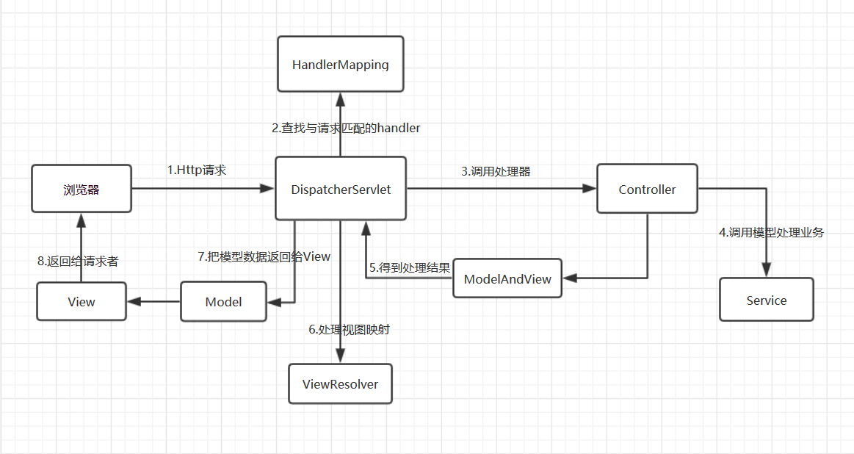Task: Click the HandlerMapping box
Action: pyautogui.click(x=341, y=64)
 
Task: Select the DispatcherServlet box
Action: pyautogui.click(x=341, y=189)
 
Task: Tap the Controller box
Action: pyautogui.click(x=647, y=189)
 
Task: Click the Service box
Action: pyautogui.click(x=767, y=300)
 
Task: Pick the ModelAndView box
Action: pyautogui.click(x=507, y=278)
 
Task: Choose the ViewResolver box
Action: pyautogui.click(x=341, y=383)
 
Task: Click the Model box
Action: pyautogui.click(x=223, y=301)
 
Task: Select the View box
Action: pyautogui.click(x=82, y=301)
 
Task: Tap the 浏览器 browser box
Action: pyautogui.click(x=82, y=189)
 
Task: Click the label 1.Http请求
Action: pyautogui.click(x=197, y=170)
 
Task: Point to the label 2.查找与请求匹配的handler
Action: pyautogui.click(x=346, y=128)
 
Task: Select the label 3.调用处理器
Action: pyautogui.click(x=496, y=171)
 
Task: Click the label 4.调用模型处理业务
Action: pyautogui.click(x=771, y=233)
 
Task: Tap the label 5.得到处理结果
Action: pyautogui.click(x=410, y=267)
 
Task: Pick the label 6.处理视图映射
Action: pyautogui.click(x=349, y=330)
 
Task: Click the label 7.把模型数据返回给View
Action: pyautogui.click(x=264, y=256)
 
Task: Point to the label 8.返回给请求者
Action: pyautogui.click(x=78, y=261)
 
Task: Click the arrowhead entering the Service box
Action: pyautogui.click(x=767, y=270)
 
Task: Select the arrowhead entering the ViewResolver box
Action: pyautogui.click(x=341, y=356)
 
